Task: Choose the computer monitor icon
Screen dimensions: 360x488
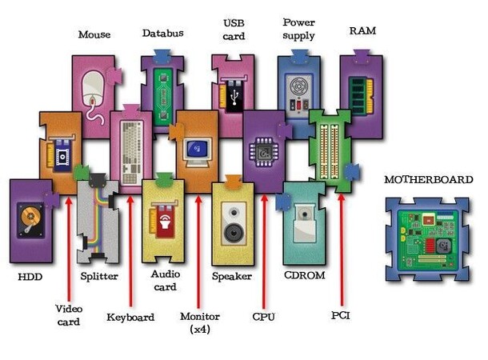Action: (195, 150)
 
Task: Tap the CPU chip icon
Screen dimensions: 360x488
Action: (262, 150)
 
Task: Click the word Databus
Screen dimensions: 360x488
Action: (162, 34)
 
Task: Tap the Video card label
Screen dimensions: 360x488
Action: (68, 315)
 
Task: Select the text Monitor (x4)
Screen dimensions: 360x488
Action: (200, 322)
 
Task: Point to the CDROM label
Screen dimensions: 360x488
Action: (303, 276)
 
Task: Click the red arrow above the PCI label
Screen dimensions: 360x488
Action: (342, 248)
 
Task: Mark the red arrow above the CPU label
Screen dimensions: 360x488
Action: (263, 248)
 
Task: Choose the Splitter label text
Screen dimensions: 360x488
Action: (99, 277)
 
